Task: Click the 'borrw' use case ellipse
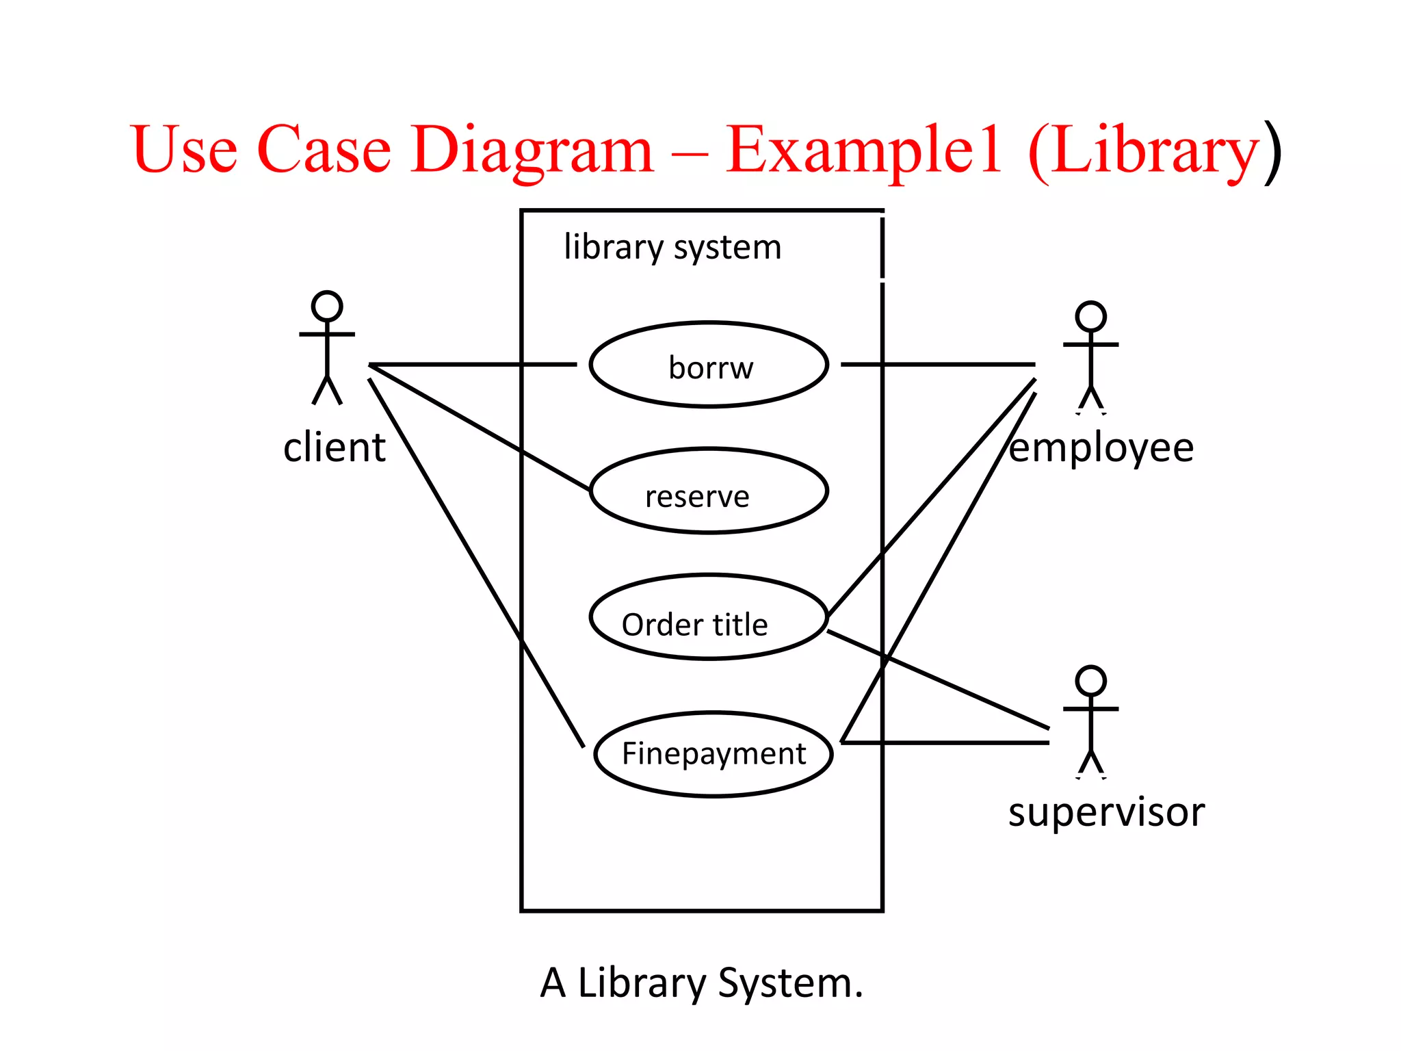tap(709, 365)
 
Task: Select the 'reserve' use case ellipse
tap(709, 491)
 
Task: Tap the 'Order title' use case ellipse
tap(709, 617)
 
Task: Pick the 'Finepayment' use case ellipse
tap(713, 754)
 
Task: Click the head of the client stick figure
tap(327, 306)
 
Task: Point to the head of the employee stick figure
tap(1090, 316)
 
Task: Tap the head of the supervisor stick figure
tap(1090, 681)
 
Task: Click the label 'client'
tap(335, 448)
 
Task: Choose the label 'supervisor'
tap(1106, 813)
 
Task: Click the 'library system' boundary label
tap(672, 247)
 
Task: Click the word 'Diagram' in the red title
tap(532, 151)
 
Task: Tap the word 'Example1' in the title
tap(863, 151)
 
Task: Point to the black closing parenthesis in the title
tap(1272, 152)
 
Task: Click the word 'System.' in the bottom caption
tap(791, 983)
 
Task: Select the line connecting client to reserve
tap(479, 428)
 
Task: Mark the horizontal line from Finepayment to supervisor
tap(958, 742)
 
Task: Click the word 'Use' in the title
tap(185, 151)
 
